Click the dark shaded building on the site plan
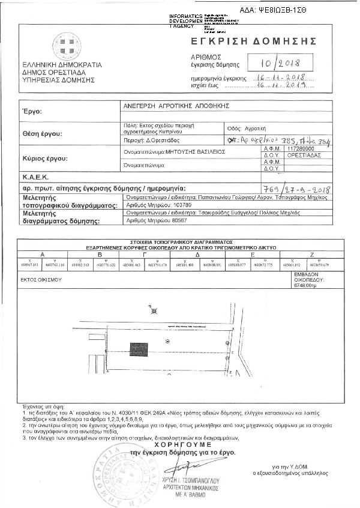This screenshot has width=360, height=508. point(137,349)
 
